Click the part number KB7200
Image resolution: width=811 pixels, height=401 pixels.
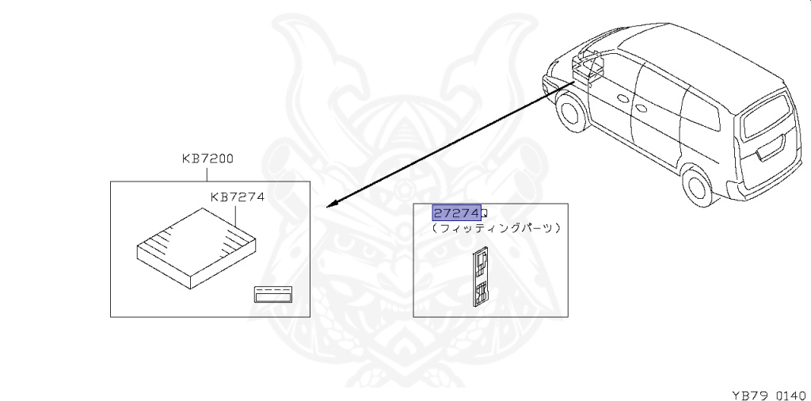207,158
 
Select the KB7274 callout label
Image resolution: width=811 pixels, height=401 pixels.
237,197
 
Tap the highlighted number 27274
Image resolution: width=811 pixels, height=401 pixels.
455,213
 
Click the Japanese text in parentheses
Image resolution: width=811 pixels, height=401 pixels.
497,228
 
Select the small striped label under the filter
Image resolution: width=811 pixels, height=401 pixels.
272,294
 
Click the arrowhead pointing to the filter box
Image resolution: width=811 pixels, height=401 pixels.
333,204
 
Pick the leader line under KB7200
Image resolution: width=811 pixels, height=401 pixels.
207,172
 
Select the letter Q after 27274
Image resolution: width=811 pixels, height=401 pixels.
485,214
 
